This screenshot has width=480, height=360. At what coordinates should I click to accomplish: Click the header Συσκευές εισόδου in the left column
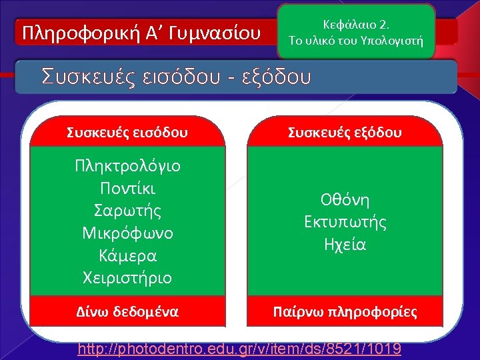(127, 133)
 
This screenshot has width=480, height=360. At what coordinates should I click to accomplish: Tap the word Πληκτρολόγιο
(127, 165)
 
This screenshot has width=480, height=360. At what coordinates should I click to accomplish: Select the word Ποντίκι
(127, 187)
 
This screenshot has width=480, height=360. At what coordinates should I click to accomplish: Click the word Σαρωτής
(127, 210)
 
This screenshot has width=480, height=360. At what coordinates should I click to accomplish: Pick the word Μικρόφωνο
(127, 233)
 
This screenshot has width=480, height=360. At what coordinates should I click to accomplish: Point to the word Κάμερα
(127, 255)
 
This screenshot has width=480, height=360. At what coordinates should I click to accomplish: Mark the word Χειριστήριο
(127, 277)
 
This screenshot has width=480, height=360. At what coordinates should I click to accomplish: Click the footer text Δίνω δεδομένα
(127, 311)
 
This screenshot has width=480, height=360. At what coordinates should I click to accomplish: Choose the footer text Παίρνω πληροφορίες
(345, 311)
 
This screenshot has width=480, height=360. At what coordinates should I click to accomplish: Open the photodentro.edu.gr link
(240, 348)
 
